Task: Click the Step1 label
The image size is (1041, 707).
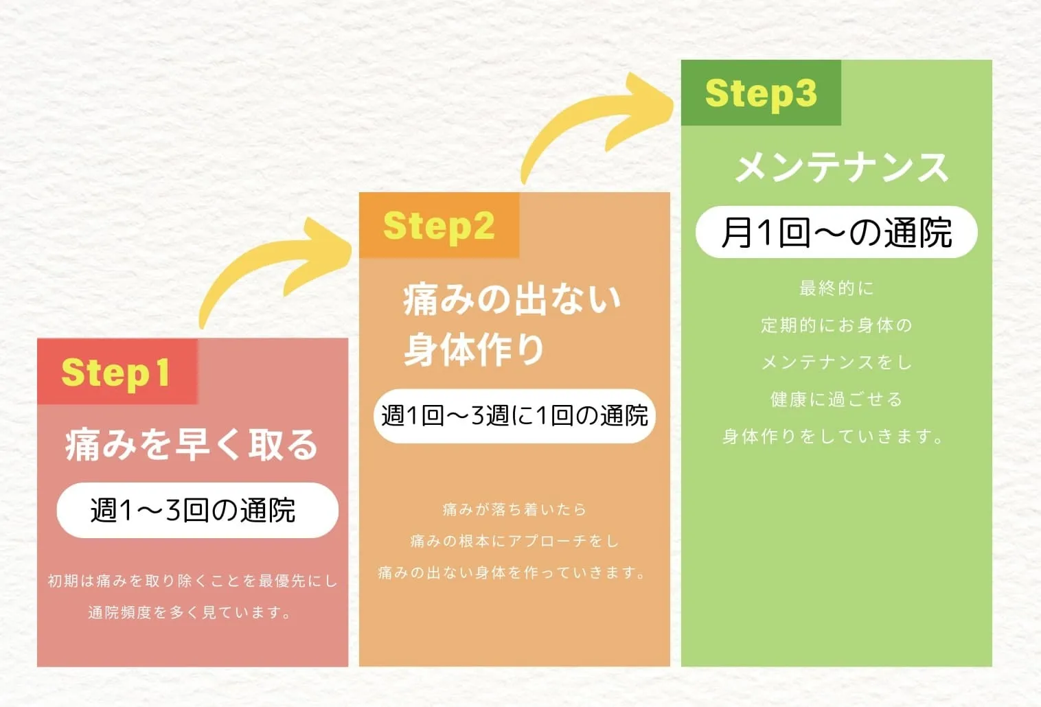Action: (x=116, y=373)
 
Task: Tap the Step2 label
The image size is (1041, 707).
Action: (x=439, y=226)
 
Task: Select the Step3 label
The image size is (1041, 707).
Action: (x=761, y=93)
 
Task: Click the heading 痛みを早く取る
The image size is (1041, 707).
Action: (x=192, y=444)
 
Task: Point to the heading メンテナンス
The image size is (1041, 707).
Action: (x=841, y=167)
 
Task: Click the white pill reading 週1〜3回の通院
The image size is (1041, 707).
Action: (x=197, y=510)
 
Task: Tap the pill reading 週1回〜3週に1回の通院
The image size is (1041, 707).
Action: (x=514, y=416)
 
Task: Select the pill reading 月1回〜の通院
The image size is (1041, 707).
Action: (x=836, y=233)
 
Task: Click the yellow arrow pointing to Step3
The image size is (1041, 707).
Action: (x=597, y=124)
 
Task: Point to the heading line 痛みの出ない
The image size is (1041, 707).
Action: (x=512, y=299)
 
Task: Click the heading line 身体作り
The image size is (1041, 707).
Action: (x=474, y=349)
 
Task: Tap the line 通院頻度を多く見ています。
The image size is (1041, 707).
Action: (x=190, y=612)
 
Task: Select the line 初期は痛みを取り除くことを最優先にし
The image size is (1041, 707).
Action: (x=192, y=581)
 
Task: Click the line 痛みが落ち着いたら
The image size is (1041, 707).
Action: (x=514, y=509)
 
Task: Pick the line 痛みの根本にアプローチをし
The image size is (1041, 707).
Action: (x=514, y=541)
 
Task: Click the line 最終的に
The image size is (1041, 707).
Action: (x=836, y=288)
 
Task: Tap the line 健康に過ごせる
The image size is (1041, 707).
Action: (x=836, y=399)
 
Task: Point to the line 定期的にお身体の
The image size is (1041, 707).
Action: (x=836, y=325)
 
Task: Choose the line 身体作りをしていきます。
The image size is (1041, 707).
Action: (x=834, y=437)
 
